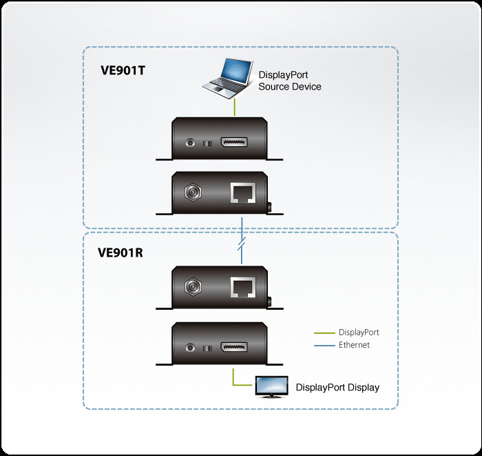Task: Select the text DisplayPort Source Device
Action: pyautogui.click(x=289, y=81)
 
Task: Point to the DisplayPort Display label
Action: pyautogui.click(x=337, y=387)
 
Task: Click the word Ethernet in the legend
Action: pyautogui.click(x=354, y=345)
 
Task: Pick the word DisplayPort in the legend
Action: pyautogui.click(x=358, y=333)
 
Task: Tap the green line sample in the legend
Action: pyautogui.click(x=324, y=333)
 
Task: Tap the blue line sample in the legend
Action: pyautogui.click(x=324, y=345)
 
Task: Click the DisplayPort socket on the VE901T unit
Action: pyautogui.click(x=235, y=143)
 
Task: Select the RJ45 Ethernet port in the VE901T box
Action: pyautogui.click(x=243, y=194)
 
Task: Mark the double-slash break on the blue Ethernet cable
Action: pyautogui.click(x=242, y=246)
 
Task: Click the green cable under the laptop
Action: pyautogui.click(x=235, y=107)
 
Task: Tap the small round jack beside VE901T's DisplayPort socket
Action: pyautogui.click(x=191, y=143)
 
